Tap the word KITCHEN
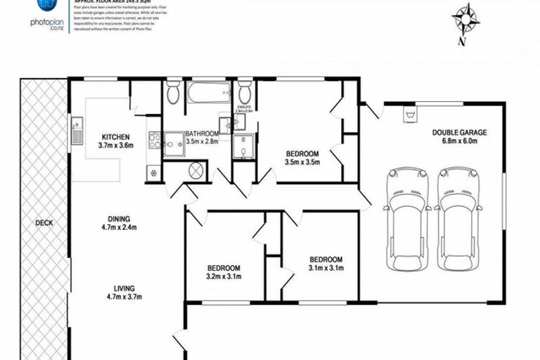(115, 136)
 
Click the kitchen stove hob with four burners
(154, 141)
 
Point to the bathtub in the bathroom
(208, 92)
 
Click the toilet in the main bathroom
(173, 92)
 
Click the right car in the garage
(458, 217)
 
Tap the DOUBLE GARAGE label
(459, 131)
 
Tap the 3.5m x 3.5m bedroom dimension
(302, 162)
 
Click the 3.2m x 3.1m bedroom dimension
(224, 276)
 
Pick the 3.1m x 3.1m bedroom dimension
(326, 267)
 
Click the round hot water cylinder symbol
(196, 170)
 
